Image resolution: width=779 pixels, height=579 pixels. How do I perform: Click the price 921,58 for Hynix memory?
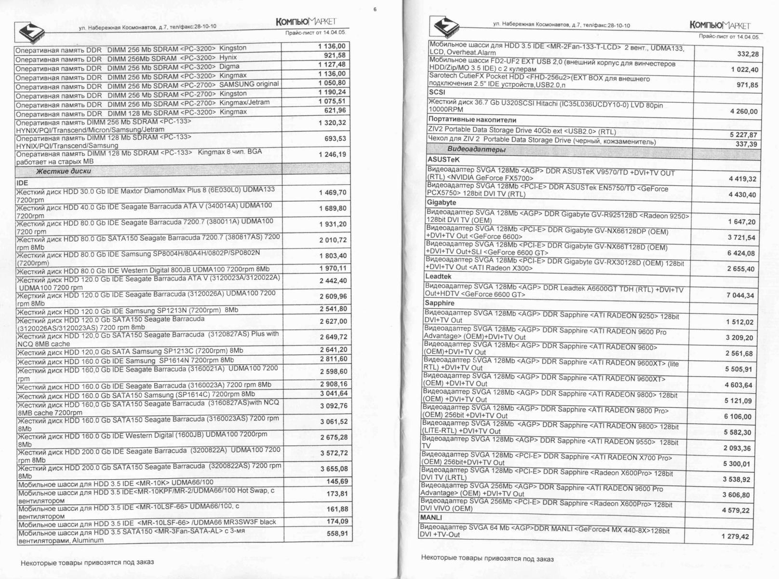click(x=332, y=55)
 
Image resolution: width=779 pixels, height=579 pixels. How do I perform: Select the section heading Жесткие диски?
click(x=63, y=171)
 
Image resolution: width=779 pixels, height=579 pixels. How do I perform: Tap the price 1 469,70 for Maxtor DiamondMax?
click(x=333, y=193)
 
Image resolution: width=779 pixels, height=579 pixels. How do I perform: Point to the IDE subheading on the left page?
click(x=22, y=183)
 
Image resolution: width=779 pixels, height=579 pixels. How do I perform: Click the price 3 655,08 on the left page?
click(x=334, y=469)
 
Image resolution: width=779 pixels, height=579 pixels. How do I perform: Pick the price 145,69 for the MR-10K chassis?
click(x=337, y=482)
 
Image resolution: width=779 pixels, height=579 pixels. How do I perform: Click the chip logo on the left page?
click(x=30, y=30)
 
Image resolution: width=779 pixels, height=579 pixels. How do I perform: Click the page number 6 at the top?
click(x=375, y=9)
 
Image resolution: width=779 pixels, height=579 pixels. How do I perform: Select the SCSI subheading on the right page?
click(x=437, y=92)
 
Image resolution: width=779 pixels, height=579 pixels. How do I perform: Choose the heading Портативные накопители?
click(x=472, y=120)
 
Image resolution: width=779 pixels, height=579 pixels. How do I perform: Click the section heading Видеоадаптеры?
click(x=476, y=150)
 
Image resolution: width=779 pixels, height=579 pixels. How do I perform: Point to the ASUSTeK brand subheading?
click(x=443, y=159)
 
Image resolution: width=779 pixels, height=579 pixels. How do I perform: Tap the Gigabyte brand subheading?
click(x=441, y=203)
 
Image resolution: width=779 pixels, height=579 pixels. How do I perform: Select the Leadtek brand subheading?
click(x=438, y=276)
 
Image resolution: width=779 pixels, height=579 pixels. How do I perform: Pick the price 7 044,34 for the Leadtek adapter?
click(x=740, y=295)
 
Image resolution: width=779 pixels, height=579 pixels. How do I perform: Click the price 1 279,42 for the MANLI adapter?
click(x=735, y=537)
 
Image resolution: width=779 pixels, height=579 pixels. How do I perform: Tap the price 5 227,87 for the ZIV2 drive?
click(x=743, y=135)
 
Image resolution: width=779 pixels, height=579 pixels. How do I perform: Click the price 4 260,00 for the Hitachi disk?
click(x=744, y=111)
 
